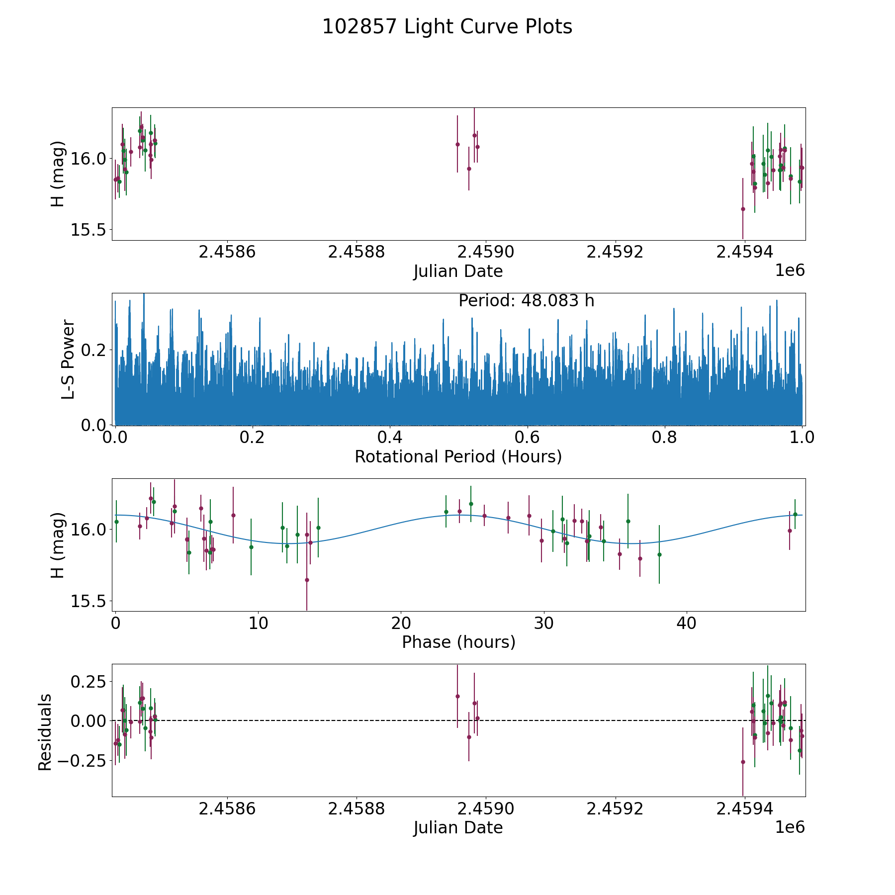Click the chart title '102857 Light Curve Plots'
pos(447,27)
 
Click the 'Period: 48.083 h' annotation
pos(526,301)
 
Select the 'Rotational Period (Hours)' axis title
pos(458,456)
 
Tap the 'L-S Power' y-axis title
pos(68,359)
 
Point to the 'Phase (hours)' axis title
pos(458,642)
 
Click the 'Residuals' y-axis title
pos(45,732)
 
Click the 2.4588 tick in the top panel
pos(357,252)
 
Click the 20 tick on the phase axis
pos(400,624)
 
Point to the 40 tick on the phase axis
pos(686,624)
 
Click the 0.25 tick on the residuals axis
pos(89,681)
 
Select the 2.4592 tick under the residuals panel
pos(615,809)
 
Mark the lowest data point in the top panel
pos(743,209)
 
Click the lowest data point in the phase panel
pos(307,580)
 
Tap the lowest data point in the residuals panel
pos(743,762)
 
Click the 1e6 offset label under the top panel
pos(790,271)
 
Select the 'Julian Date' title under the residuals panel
pos(458,828)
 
